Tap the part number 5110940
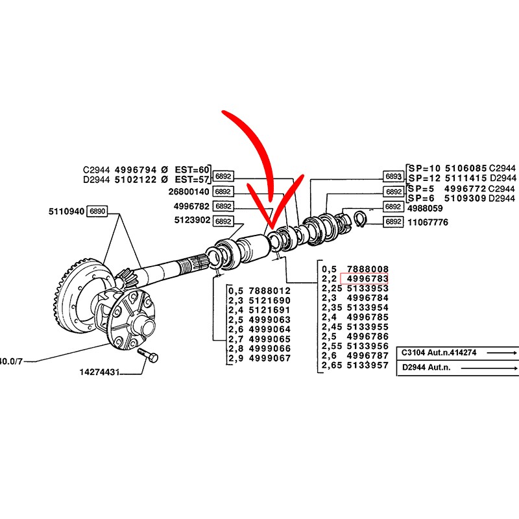pos(66,211)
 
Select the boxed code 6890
pos(97,211)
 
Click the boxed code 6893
pos(394,176)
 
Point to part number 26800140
pos(189,191)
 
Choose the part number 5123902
pos(192,220)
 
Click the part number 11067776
pos(428,222)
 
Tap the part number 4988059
pos(425,208)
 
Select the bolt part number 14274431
pos(99,372)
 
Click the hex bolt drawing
pos(148,355)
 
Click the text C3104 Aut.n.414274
pos(439,352)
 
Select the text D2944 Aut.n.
pos(426,367)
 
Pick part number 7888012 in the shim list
pos(270,291)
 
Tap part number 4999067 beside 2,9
pos(270,358)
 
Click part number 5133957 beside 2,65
pos(367,365)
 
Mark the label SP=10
pos(424,168)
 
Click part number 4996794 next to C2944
pos(136,170)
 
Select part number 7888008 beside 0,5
pos(367,269)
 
